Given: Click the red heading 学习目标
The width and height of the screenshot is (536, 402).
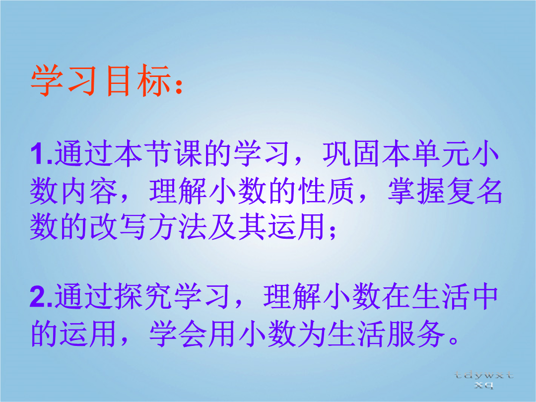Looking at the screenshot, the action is tap(101, 81).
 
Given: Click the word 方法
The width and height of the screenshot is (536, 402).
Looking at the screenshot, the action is tap(178, 226).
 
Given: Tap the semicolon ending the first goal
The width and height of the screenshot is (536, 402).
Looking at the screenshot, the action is tap(332, 231).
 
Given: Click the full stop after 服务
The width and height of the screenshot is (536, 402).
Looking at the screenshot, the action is tap(454, 340).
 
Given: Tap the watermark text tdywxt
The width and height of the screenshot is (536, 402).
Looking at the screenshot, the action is tap(484, 376).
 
